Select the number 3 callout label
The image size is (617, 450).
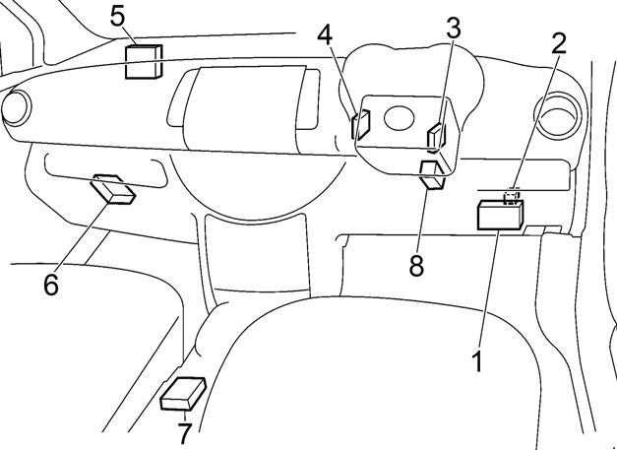tap(452, 27)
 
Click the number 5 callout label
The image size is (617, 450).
tap(117, 16)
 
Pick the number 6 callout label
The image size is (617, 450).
tap(51, 285)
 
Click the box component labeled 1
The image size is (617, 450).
tap(500, 215)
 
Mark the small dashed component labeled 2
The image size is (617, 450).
tap(512, 196)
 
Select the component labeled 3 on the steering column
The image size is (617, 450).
tap(436, 133)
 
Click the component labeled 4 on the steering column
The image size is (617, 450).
tap(360, 123)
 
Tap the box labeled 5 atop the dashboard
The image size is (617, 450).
tap(144, 61)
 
